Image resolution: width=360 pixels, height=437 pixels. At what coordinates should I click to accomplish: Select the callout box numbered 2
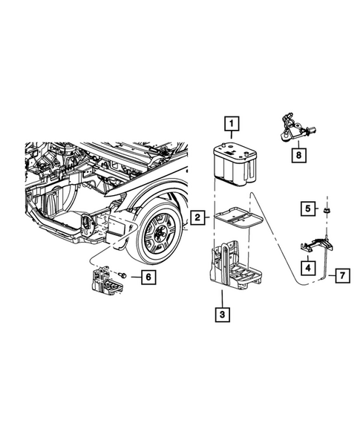tap(197, 217)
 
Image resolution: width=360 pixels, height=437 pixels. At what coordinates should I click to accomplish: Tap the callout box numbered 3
tap(221, 314)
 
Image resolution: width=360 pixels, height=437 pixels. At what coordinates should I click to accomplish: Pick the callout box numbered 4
tap(306, 266)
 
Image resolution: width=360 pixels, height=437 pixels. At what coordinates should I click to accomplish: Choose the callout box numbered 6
tap(148, 277)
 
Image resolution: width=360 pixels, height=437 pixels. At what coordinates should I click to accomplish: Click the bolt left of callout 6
tap(121, 276)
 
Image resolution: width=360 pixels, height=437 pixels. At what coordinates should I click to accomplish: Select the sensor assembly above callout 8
tap(292, 125)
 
